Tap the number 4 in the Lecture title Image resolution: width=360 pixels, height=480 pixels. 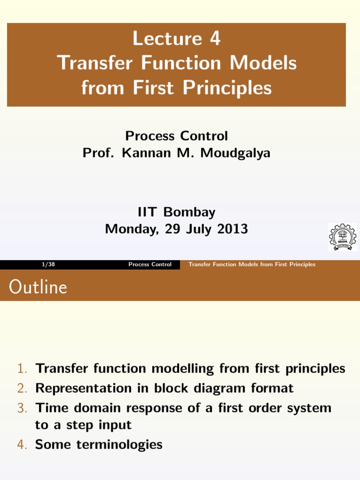pyautogui.click(x=214, y=38)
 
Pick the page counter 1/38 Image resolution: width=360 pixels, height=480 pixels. pyautogui.click(x=48, y=264)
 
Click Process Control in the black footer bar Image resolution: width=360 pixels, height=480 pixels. pyautogui.click(x=150, y=264)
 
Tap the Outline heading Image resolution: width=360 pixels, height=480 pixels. pyautogui.click(x=38, y=287)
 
